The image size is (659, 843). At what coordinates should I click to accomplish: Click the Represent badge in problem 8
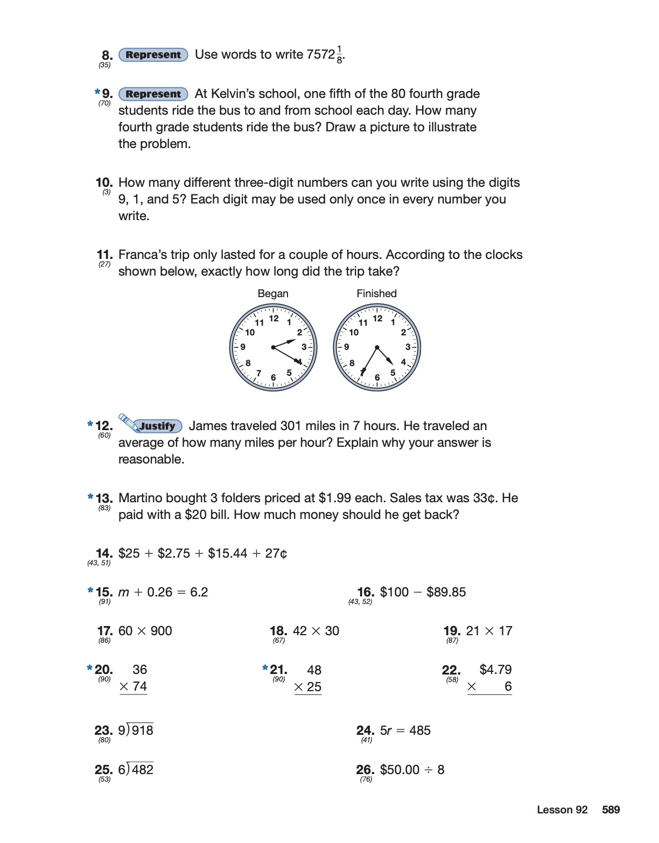[153, 55]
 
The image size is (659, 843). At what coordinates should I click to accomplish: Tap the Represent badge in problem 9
[153, 94]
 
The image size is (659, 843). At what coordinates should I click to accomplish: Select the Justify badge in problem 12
[157, 426]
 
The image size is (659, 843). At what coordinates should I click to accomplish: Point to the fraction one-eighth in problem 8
[339, 54]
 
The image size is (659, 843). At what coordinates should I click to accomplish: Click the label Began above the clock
[273, 293]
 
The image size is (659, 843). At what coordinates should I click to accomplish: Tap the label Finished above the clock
[376, 293]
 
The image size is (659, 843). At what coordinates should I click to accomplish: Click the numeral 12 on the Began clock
[274, 319]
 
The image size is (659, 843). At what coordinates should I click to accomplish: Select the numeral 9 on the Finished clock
[347, 347]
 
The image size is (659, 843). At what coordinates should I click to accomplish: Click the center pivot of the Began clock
[274, 347]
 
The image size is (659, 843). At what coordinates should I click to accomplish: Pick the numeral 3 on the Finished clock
[408, 347]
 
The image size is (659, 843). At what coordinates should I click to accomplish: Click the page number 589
[611, 810]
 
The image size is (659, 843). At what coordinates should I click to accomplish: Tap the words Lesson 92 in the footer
[562, 810]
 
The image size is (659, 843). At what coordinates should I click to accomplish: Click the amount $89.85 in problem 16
[446, 592]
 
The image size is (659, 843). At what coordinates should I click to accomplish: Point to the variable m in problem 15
[123, 593]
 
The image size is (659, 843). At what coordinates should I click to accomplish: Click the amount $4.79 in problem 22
[495, 670]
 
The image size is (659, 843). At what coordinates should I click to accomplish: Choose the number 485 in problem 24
[419, 730]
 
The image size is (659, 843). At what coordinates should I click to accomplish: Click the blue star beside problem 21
[265, 668]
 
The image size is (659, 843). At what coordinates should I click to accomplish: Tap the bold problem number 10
[104, 183]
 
